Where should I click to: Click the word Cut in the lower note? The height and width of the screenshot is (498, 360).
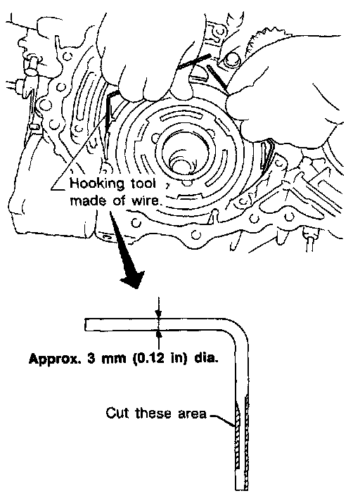coord(117,413)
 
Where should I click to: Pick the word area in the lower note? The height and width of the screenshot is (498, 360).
coord(192,414)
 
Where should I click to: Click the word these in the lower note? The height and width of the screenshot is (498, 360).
coord(153,413)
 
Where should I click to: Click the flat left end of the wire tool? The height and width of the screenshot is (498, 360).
coord(85,324)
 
